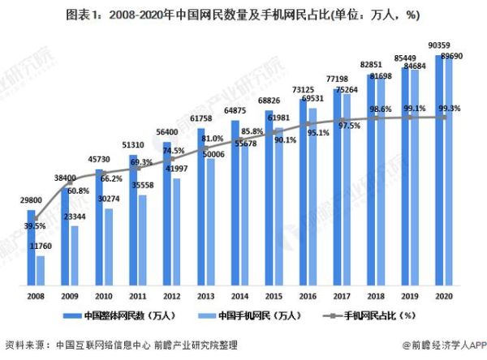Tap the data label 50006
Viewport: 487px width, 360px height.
coord(213,153)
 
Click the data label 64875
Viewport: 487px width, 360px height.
coord(233,110)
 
